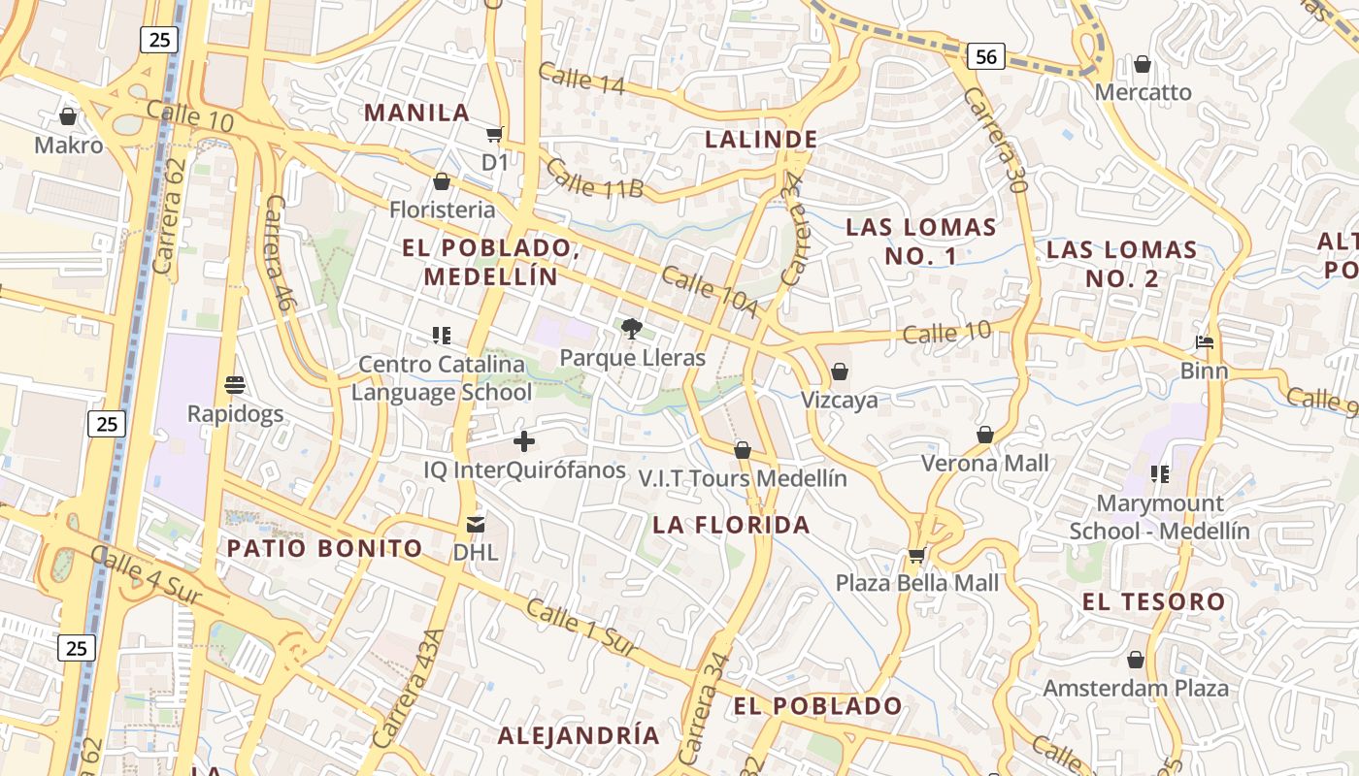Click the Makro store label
pyautogui.click(x=68, y=145)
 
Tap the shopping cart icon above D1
pyautogui.click(x=495, y=135)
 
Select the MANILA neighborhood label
pyautogui.click(x=417, y=112)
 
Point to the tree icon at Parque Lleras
pyautogui.click(x=632, y=330)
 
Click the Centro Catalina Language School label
pyautogui.click(x=442, y=378)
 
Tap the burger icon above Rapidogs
pyautogui.click(x=235, y=385)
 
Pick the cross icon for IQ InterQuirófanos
pyautogui.click(x=524, y=442)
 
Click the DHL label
pyautogui.click(x=476, y=553)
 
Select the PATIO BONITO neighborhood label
pyautogui.click(x=325, y=548)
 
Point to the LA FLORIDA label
pyautogui.click(x=731, y=525)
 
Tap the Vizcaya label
pyautogui.click(x=840, y=400)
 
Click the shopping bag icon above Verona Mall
pyautogui.click(x=985, y=435)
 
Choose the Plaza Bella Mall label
pyautogui.click(x=917, y=583)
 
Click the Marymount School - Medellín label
pyautogui.click(x=1160, y=517)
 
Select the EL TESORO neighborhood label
pyautogui.click(x=1153, y=601)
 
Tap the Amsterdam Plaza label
pyautogui.click(x=1136, y=689)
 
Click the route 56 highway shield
pyautogui.click(x=985, y=57)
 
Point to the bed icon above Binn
pyautogui.click(x=1205, y=342)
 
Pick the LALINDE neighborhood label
pyautogui.click(x=761, y=139)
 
